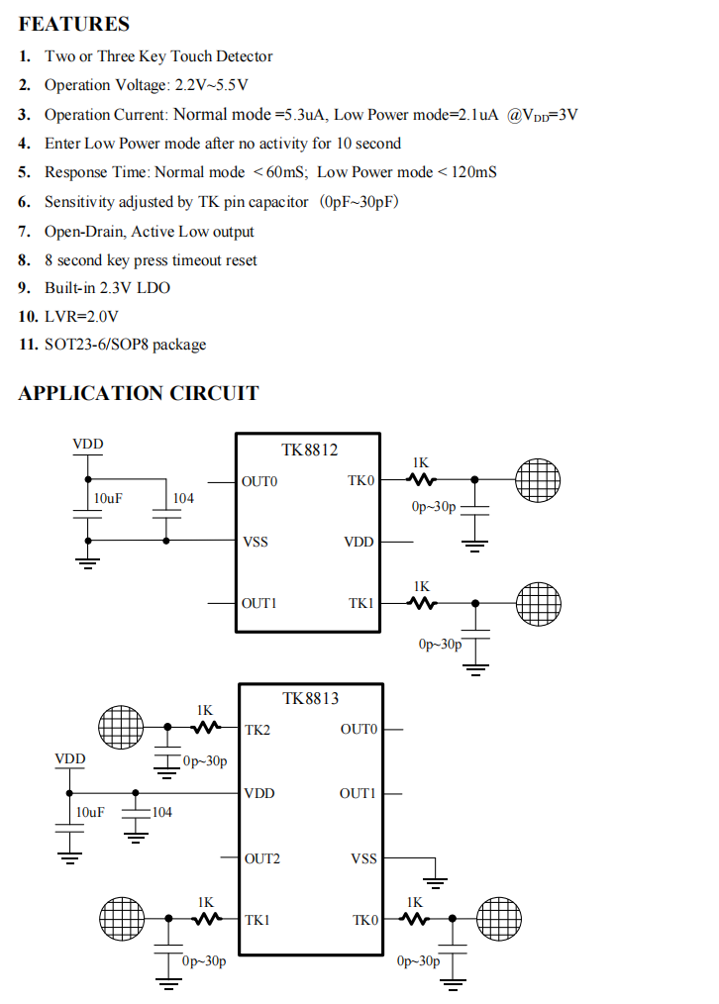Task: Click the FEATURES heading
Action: (73, 24)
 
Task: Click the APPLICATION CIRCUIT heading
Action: (139, 392)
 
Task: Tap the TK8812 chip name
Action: (309, 450)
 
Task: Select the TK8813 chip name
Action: (311, 698)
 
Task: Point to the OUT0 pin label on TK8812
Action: (259, 481)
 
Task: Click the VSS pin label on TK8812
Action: (256, 542)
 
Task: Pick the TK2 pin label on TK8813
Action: (257, 730)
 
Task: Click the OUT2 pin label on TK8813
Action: (261, 858)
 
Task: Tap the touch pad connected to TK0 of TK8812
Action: (538, 479)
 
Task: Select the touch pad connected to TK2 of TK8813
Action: (121, 728)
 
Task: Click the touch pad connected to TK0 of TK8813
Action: (499, 919)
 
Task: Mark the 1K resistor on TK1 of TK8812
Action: (422, 603)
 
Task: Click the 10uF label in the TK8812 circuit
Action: (108, 498)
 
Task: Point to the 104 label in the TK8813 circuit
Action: (162, 812)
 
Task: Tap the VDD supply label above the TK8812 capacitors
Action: (88, 444)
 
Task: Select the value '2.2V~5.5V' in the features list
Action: (211, 85)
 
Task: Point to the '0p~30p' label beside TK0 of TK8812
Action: (434, 507)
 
